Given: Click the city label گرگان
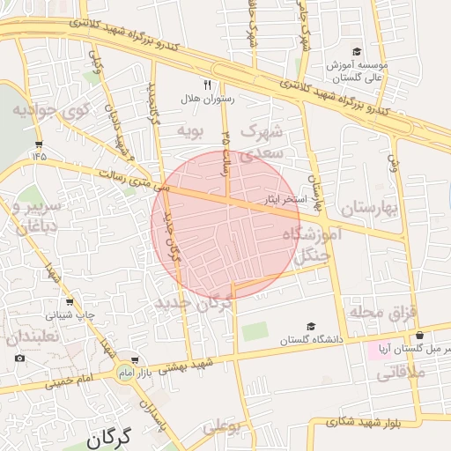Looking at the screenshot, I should click(109, 436).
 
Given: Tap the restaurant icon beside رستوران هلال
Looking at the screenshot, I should click(208, 85).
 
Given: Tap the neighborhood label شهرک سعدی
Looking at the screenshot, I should click(265, 141).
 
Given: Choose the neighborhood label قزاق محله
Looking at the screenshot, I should click(381, 313).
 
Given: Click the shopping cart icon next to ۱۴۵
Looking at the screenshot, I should click(38, 143).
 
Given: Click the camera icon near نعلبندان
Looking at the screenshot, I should click(20, 359).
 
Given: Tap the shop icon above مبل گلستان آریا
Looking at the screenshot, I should click(420, 335).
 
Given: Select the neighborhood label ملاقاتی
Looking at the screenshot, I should click(401, 373).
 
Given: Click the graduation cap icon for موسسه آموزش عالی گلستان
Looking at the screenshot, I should click(356, 51).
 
